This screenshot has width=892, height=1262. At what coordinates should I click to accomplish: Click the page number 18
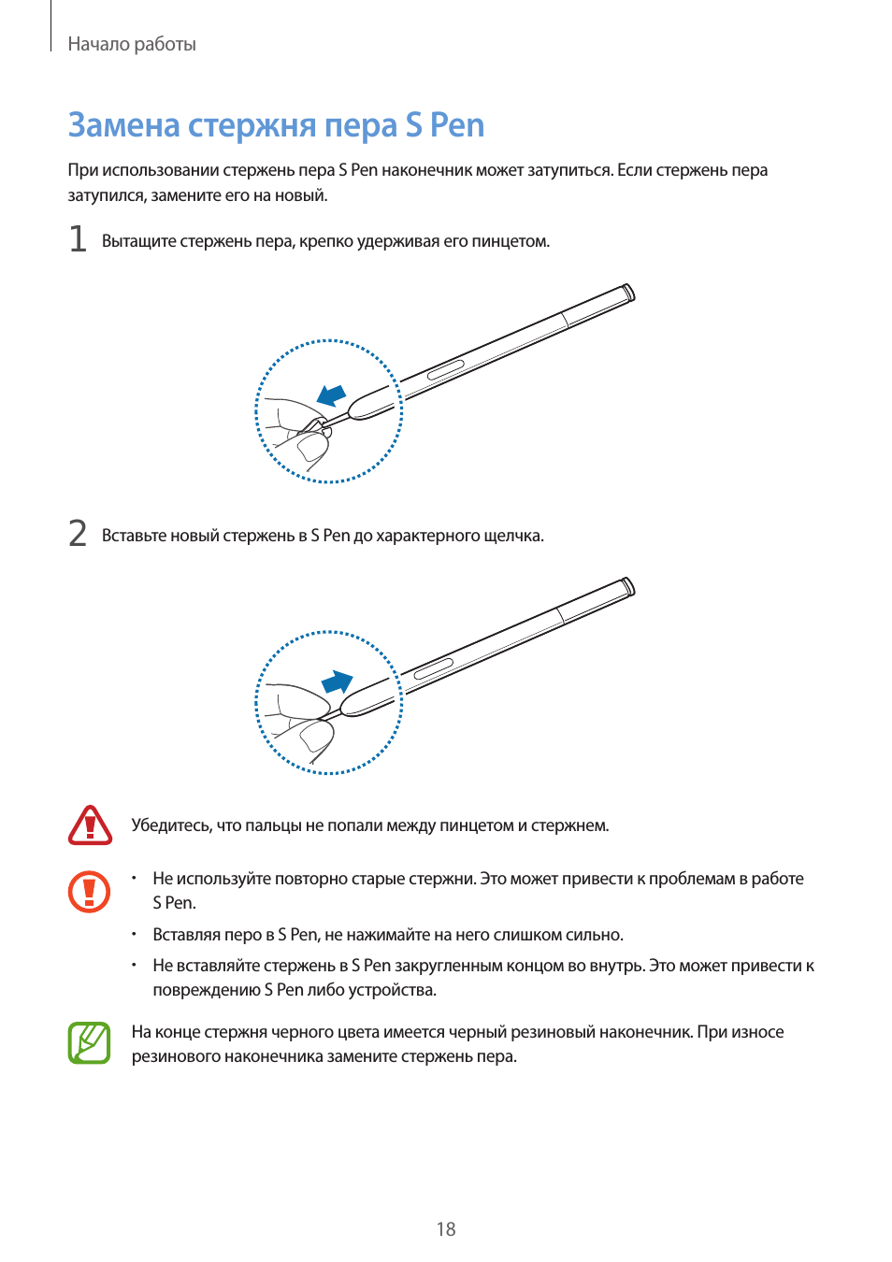click(446, 1229)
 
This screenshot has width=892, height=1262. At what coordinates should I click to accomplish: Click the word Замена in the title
click(123, 125)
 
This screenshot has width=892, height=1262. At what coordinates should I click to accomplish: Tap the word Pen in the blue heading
click(457, 125)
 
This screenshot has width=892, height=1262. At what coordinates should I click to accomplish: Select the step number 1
click(78, 239)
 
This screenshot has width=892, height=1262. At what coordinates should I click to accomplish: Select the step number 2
click(78, 534)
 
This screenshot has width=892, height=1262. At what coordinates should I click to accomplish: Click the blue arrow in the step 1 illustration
click(331, 396)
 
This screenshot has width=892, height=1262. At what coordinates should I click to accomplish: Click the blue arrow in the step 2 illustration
click(338, 682)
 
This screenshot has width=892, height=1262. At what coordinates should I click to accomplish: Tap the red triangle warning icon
click(90, 825)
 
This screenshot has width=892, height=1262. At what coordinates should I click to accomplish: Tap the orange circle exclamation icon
click(90, 892)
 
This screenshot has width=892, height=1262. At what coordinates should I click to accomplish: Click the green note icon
click(90, 1043)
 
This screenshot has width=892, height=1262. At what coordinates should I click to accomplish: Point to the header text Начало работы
click(132, 44)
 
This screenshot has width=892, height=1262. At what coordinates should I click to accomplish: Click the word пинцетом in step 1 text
click(510, 241)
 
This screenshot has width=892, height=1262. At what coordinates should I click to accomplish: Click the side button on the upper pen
click(446, 370)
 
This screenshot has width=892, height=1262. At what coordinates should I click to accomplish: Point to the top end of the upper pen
click(629, 292)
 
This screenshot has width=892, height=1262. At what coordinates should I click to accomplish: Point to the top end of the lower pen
click(629, 586)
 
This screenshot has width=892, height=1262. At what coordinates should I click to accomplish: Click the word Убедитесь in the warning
click(171, 825)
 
